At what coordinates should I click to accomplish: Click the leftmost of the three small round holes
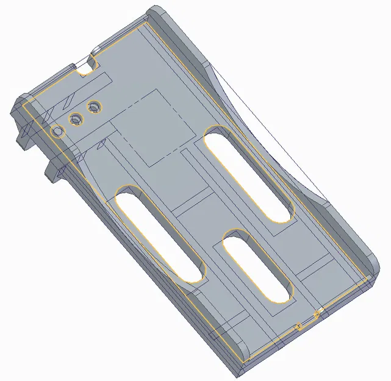point(58,131)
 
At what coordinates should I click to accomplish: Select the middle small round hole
point(76,119)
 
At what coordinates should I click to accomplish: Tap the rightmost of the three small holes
point(93,108)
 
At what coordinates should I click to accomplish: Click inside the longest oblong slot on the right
point(248,173)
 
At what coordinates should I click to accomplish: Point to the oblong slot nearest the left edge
point(160,234)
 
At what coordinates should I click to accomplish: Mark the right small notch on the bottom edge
point(317,315)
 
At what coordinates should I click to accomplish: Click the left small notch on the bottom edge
point(298,327)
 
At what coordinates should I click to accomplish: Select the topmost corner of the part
point(156,9)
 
